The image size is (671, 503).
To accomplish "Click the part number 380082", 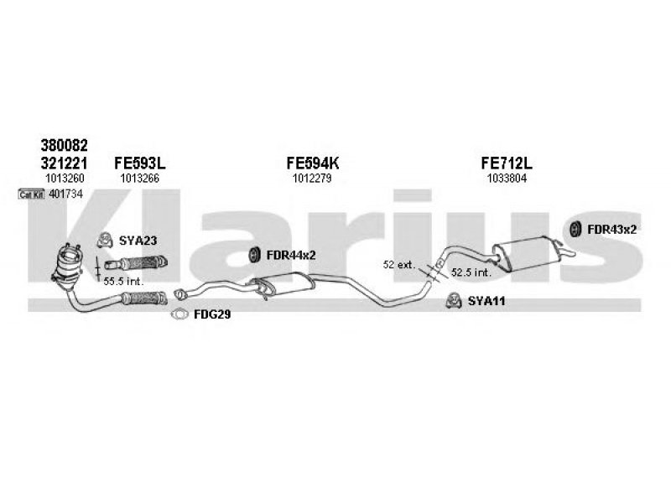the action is click(65, 145).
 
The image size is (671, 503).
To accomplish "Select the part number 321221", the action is click(65, 163).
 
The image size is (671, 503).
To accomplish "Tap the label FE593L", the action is click(139, 163).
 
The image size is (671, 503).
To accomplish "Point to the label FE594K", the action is click(312, 163).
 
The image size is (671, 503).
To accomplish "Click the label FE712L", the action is click(507, 163).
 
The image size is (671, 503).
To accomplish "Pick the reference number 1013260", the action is click(65, 179).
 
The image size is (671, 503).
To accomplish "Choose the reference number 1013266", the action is click(139, 179).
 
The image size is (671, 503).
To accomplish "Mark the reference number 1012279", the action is click(312, 179).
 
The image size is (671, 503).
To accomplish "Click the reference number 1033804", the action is click(507, 179).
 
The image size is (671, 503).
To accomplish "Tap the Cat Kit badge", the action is click(32, 194).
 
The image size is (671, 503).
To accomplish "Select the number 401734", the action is click(65, 194).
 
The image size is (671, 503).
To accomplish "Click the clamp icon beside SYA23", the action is click(105, 241).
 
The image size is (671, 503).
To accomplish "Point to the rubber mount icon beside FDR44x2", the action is click(255, 255).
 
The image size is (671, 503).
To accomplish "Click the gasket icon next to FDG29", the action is click(179, 314).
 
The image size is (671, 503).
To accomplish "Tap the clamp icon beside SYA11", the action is click(454, 301).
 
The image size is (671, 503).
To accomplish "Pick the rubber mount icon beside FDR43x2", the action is click(576, 229).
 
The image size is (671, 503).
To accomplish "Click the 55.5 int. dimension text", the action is click(123, 282).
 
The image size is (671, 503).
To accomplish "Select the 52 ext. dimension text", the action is click(399, 265).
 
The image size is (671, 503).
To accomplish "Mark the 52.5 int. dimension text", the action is click(471, 272).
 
